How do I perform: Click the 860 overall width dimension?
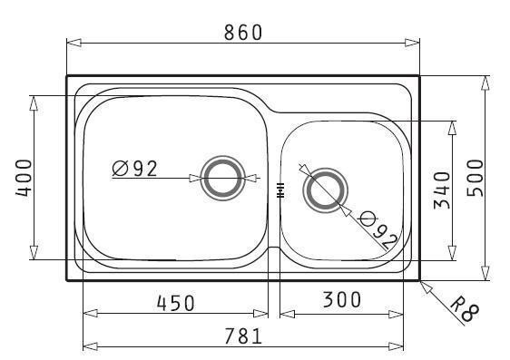click(243, 32)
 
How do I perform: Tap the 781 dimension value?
click(243, 336)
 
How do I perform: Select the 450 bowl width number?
click(175, 303)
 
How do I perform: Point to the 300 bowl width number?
click(341, 299)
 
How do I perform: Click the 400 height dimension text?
click(24, 178)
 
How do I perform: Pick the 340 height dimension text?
click(442, 190)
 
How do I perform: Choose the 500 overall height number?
click(476, 178)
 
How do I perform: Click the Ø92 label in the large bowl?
click(134, 169)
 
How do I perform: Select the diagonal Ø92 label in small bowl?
click(378, 231)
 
